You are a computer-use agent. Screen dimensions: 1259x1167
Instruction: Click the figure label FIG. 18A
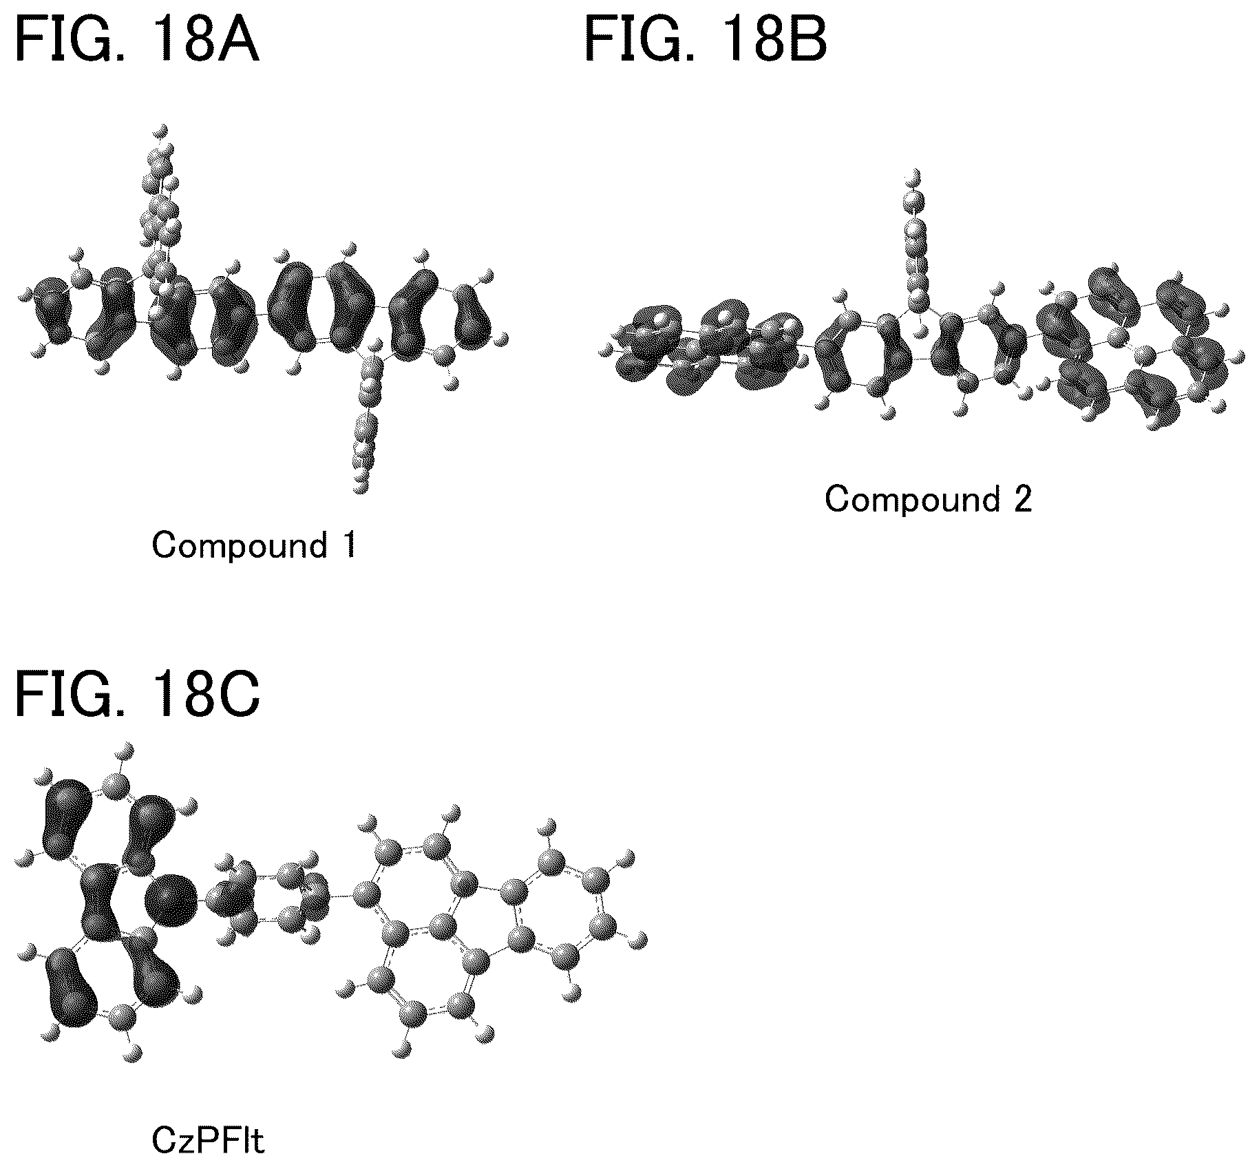137,41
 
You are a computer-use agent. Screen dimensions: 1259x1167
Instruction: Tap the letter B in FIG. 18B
806,41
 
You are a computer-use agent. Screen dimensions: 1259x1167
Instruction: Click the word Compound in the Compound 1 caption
240,546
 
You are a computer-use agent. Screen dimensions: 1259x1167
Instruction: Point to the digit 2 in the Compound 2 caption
1022,500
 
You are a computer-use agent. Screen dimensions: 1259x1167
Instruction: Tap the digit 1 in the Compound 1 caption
350,545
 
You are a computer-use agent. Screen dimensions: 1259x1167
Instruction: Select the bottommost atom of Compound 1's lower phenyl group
359,487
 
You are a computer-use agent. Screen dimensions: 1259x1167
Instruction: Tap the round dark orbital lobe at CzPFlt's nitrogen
171,899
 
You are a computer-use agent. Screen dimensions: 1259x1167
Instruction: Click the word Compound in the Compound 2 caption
912,500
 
